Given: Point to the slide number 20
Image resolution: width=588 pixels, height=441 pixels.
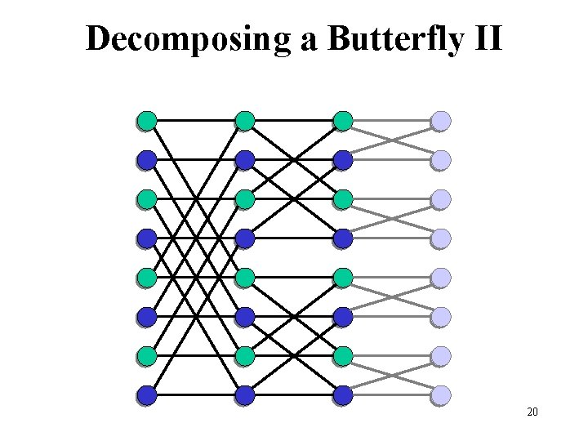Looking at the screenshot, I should coord(532,412).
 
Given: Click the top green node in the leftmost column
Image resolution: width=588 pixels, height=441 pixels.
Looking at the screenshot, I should coord(147,121).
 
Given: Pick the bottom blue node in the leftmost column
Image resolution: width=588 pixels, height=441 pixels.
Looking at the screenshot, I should coord(147,395).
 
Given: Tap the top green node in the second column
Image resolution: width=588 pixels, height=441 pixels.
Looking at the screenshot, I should coord(245,121).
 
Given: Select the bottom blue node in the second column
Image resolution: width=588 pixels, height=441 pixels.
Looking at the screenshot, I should coord(245,395).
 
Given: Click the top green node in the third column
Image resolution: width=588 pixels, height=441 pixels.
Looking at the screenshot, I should coord(343,121).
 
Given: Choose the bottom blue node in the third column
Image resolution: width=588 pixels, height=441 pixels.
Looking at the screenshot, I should coord(343,395).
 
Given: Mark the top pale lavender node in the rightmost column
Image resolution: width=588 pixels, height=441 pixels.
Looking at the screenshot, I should coord(441,121).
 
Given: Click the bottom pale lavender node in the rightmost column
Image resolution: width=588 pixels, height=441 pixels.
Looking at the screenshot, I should coord(441,395).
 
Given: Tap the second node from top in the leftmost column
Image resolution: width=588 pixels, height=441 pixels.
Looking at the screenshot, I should coord(147,160).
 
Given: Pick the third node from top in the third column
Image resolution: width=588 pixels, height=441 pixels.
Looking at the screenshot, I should coord(343,199).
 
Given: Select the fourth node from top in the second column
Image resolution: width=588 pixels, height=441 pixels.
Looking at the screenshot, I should coord(245,238).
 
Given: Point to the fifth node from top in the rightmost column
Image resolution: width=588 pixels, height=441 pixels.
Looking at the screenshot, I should coord(441,278).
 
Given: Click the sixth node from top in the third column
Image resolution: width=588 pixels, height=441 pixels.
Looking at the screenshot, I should coord(343,317).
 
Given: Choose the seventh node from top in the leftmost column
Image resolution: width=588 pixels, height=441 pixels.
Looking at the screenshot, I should coord(147,356).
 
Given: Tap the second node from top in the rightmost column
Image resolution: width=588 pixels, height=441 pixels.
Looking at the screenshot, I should coord(441,160).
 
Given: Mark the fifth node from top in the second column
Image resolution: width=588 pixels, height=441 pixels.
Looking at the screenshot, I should coord(245,278).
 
